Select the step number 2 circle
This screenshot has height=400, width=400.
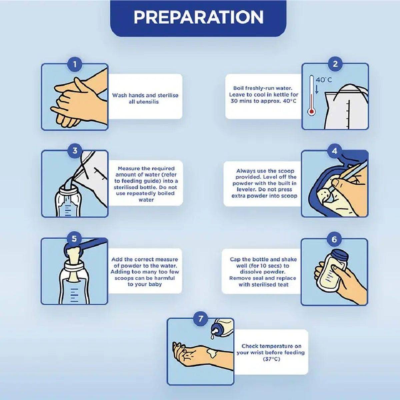coord(335,64)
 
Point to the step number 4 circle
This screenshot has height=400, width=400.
coord(334,151)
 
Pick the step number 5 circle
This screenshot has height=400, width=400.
coord(74,239)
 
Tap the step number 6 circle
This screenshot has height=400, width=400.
coord(334,240)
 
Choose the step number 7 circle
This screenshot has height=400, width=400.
coord(200,318)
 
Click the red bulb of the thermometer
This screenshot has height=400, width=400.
coord(311,112)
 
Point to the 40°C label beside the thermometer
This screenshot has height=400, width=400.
coord(324,80)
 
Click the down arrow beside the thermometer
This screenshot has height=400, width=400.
coord(317,89)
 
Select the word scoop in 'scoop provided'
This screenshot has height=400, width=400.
coord(286,171)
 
